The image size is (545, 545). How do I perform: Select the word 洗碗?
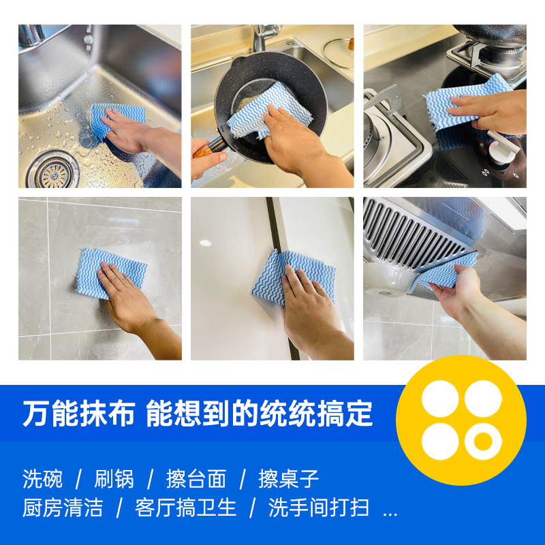(x=42, y=479)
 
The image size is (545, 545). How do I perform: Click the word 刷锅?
(x=114, y=479)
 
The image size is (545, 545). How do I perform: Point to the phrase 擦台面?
(x=196, y=479)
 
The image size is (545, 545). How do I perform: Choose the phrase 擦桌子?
(x=289, y=479)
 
